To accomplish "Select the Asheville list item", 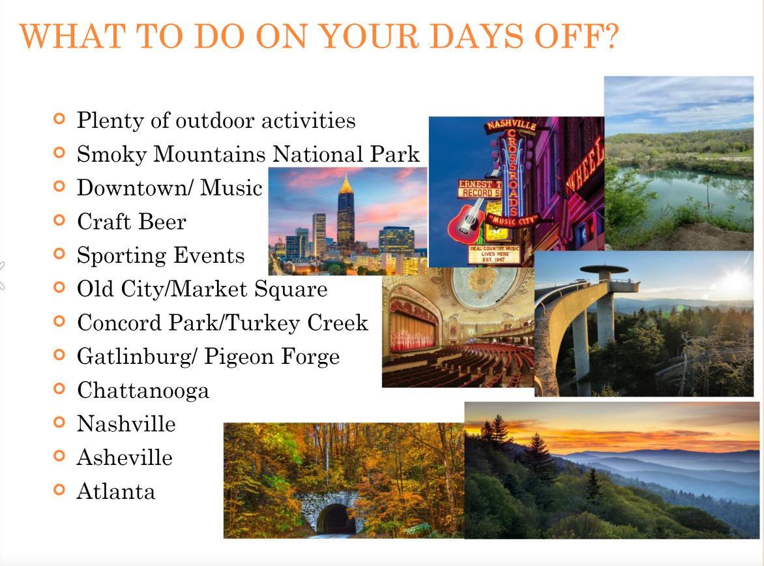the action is pyautogui.click(x=125, y=458).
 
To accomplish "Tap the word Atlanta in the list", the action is pyautogui.click(x=116, y=492).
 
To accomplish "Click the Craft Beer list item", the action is pyautogui.click(x=132, y=222).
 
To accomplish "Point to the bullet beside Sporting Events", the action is pyautogui.click(x=59, y=254).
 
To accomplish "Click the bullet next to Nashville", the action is pyautogui.click(x=59, y=422).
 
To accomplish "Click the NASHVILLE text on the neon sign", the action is pyautogui.click(x=511, y=125).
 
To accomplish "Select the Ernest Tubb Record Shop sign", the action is pyautogui.click(x=479, y=188).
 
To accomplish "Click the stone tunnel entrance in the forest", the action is pyautogui.click(x=334, y=516).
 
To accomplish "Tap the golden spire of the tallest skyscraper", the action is pyautogui.click(x=345, y=184).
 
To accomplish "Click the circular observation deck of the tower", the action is pyautogui.click(x=604, y=269).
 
